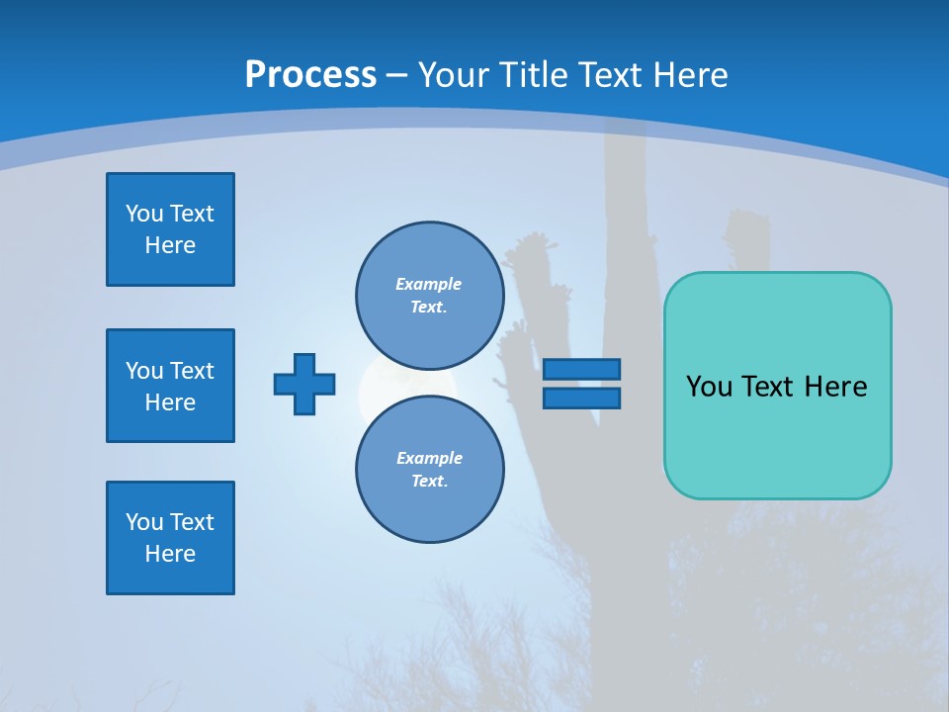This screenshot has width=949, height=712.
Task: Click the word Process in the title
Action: pyautogui.click(x=310, y=75)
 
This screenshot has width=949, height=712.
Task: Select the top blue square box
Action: pyautogui.click(x=170, y=229)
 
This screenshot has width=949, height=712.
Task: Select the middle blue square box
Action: pyautogui.click(x=170, y=386)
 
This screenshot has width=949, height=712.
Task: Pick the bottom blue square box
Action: pyautogui.click(x=170, y=538)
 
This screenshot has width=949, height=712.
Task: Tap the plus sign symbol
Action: pyautogui.click(x=304, y=384)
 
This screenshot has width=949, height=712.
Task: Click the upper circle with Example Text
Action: pyautogui.click(x=430, y=296)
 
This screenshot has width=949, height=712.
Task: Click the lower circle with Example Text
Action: pyautogui.click(x=430, y=470)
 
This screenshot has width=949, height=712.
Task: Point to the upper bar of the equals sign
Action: pyautogui.click(x=581, y=369)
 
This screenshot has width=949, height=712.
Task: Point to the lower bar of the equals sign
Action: pyautogui.click(x=581, y=398)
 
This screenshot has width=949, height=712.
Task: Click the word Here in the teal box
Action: pyautogui.click(x=835, y=387)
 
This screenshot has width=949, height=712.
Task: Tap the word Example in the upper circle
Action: pyautogui.click(x=428, y=284)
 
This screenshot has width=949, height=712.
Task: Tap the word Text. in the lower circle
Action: pyautogui.click(x=429, y=482)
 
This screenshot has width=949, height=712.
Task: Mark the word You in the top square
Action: pyautogui.click(x=144, y=214)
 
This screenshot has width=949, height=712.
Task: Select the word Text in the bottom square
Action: pyautogui.click(x=192, y=522)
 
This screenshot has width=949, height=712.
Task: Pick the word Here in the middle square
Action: pyautogui.click(x=170, y=402)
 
